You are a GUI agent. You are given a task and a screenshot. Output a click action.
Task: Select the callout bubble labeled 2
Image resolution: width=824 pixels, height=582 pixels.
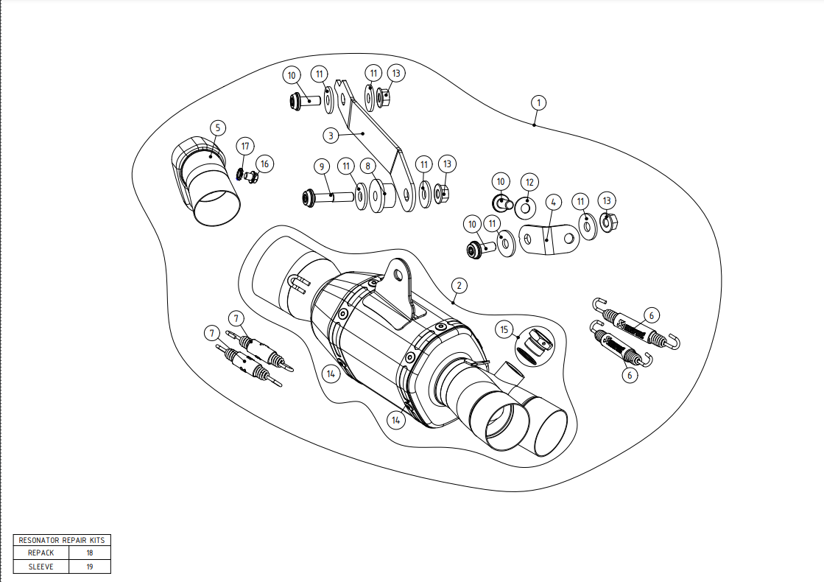tap(458, 285)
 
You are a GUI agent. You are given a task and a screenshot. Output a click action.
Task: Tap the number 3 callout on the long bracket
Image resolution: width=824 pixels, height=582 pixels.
tap(332, 136)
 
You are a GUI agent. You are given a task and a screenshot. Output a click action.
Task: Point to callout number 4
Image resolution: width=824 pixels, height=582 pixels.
tap(554, 201)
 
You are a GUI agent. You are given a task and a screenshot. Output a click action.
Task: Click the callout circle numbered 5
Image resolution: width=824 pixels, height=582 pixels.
tap(217, 127)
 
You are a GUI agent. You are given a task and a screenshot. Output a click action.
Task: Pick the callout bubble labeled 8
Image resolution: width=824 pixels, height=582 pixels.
tap(368, 167)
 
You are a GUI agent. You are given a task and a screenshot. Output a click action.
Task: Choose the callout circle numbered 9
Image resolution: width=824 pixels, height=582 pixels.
tap(322, 166)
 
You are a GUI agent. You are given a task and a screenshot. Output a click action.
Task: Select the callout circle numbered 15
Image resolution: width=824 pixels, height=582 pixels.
tap(504, 329)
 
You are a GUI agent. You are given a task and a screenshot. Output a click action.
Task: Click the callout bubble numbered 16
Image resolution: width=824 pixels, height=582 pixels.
tap(264, 163)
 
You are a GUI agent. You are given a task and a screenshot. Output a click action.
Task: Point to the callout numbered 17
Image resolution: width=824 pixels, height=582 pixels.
tap(246, 147)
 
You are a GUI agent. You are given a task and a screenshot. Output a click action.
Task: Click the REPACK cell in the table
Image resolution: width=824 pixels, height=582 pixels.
tap(41, 553)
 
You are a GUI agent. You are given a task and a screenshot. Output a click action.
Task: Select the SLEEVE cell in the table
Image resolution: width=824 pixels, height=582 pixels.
tap(41, 567)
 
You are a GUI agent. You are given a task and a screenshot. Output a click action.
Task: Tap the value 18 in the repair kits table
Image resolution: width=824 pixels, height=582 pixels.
tap(89, 553)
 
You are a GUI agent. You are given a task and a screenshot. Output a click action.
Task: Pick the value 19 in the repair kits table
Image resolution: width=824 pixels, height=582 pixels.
tap(89, 567)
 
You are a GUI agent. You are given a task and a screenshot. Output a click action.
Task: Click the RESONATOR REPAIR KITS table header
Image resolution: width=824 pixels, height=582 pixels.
tap(62, 539)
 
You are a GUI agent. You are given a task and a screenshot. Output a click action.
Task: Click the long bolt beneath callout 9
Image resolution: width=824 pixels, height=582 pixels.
tap(328, 197)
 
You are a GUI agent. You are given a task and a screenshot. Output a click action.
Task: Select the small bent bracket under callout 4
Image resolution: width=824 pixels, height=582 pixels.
tap(548, 239)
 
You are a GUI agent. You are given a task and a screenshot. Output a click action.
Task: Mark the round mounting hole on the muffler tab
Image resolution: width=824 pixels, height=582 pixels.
tap(398, 275)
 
